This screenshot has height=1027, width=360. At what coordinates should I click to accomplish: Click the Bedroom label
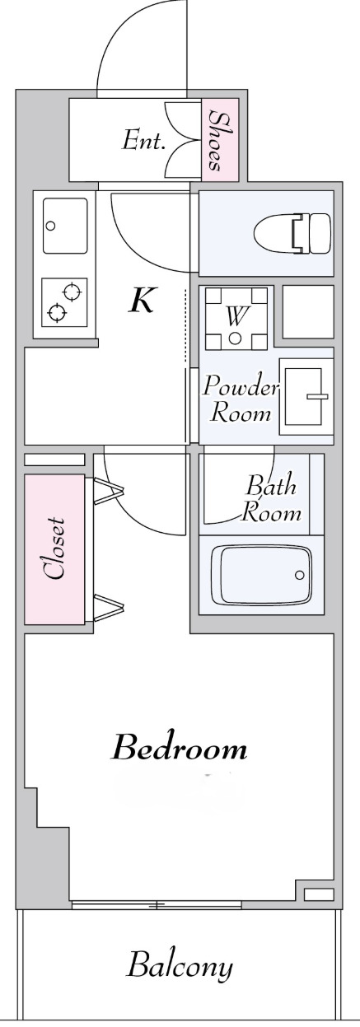pyautogui.click(x=180, y=749)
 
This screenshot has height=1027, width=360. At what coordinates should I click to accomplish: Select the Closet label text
pyautogui.click(x=54, y=549)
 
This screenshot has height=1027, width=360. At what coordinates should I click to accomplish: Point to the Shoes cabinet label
pyautogui.click(x=220, y=140)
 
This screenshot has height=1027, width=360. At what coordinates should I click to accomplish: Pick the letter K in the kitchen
pyautogui.click(x=142, y=300)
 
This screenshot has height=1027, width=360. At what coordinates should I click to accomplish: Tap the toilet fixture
pyautogui.click(x=292, y=233)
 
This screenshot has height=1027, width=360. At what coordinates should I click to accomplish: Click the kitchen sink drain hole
pyautogui.click(x=51, y=226)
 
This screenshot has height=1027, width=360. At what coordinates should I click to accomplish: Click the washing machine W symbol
pyautogui.click(x=236, y=315)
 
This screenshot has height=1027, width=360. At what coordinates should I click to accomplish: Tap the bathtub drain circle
pyautogui.click(x=300, y=575)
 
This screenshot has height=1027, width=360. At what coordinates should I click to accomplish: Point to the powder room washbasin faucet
pyautogui.click(x=316, y=395)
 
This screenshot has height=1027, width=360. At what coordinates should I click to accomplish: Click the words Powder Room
pyautogui.click(x=241, y=399)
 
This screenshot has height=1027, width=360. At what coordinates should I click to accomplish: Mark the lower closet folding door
pyautogui.click(x=109, y=608)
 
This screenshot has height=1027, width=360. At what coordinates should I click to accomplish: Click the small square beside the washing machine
pyautogui.click(x=308, y=312)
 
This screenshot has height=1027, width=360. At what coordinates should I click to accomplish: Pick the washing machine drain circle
pyautogui.click(x=236, y=338)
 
